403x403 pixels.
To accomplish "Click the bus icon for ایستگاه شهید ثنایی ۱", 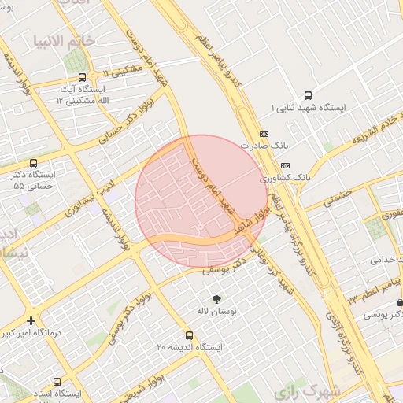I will coord(307,94).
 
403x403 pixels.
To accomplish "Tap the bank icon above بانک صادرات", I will coord(263,134).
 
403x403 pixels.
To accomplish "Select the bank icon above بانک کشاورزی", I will coord(284,165).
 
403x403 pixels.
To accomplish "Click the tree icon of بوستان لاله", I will coord(216,298).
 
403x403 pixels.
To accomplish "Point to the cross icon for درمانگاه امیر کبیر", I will coord(31,320).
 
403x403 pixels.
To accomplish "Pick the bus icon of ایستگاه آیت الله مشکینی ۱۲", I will coord(83,77).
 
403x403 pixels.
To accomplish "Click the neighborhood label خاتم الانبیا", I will coord(64,39).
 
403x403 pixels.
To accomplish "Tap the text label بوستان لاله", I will coord(216,312).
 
